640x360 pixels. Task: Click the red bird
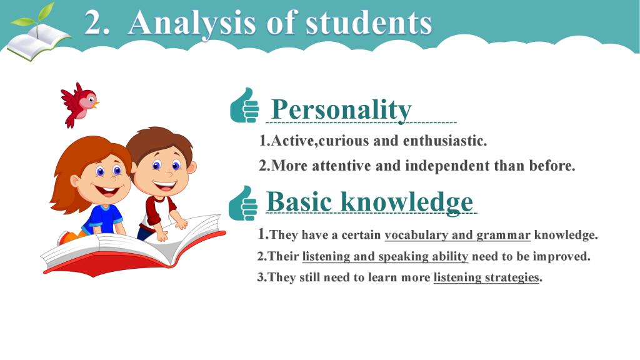(x=79, y=104)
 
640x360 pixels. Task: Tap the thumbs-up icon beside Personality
(x=244, y=105)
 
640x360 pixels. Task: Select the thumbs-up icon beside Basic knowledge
(x=243, y=203)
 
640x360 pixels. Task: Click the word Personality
(x=341, y=109)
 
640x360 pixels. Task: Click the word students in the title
(x=369, y=23)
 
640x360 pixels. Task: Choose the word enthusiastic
(x=445, y=141)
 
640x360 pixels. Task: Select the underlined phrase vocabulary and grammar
(x=457, y=235)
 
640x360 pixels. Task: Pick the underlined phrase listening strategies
(x=486, y=277)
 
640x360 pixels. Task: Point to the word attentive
(x=342, y=166)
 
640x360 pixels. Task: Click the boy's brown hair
(x=160, y=140)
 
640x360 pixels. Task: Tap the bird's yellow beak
(x=96, y=104)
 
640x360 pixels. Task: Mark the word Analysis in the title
(x=192, y=24)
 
